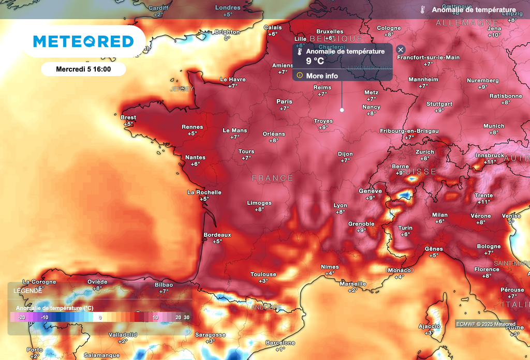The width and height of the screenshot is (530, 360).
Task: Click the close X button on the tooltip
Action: click(401, 50)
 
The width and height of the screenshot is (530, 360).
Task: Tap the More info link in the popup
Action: click(322, 76)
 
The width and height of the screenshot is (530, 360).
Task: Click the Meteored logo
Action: click(83, 41)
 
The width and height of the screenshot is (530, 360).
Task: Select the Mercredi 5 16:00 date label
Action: click(83, 68)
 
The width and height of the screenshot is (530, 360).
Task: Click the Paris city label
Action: click(284, 101)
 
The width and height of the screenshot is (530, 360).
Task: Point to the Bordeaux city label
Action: click(217, 235)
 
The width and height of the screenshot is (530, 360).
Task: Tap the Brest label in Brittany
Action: click(128, 117)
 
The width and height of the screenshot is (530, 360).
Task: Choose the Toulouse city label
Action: click(263, 274)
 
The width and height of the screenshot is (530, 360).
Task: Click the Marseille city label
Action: click(352, 283)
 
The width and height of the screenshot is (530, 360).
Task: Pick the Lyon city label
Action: click(340, 205)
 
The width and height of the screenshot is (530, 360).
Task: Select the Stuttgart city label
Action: click(439, 103)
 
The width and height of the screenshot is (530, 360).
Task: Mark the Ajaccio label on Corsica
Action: click(429, 326)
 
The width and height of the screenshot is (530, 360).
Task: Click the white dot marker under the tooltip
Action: click(342, 110)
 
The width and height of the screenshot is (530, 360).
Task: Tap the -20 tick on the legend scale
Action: click(21, 317)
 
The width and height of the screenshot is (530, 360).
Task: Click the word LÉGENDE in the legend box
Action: click(27, 291)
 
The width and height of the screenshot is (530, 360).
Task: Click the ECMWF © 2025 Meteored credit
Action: click(485, 324)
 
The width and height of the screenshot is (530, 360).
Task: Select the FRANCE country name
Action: click(272, 178)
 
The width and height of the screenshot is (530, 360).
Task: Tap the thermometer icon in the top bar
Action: click(423, 9)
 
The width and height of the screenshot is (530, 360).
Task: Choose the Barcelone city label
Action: click(280, 343)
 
